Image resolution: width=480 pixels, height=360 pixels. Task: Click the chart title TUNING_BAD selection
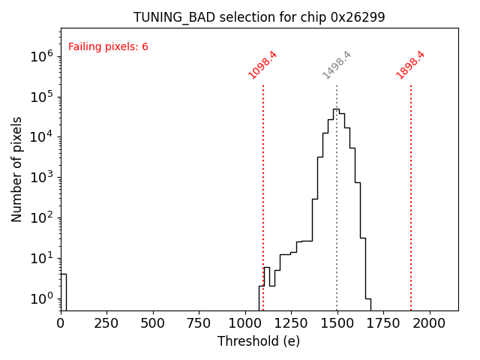(x=259, y=17)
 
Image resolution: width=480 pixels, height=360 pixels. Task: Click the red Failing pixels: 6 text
(x=108, y=47)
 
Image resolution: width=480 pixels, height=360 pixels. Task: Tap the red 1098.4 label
(x=262, y=65)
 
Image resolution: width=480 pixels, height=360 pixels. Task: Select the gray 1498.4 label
(x=337, y=65)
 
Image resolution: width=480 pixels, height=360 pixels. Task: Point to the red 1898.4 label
(x=410, y=65)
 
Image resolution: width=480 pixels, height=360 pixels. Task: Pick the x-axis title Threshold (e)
(x=259, y=341)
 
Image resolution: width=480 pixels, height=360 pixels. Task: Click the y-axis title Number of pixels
(x=17, y=169)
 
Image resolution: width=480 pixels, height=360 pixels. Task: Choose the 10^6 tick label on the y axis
(x=40, y=56)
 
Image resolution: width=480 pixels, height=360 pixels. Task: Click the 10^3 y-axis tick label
(x=40, y=178)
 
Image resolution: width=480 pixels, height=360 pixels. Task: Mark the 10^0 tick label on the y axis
(x=40, y=298)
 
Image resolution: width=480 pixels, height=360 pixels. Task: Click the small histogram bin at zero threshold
(x=63, y=292)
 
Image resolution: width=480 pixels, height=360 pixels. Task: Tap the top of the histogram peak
(x=336, y=109)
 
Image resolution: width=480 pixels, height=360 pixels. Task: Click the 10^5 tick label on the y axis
(x=40, y=97)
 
